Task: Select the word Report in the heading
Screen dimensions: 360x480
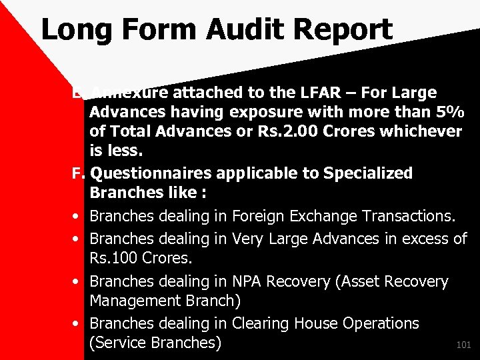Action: tap(347, 30)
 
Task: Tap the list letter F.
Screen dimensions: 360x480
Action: tap(78, 173)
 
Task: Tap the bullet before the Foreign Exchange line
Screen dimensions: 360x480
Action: tap(78, 217)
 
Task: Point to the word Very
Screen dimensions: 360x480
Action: tap(248, 238)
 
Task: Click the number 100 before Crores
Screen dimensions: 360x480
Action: tap(127, 257)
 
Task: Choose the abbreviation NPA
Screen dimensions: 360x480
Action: tap(250, 281)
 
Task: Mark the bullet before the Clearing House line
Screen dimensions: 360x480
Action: tap(78, 324)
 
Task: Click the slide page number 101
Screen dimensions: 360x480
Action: tap(463, 345)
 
